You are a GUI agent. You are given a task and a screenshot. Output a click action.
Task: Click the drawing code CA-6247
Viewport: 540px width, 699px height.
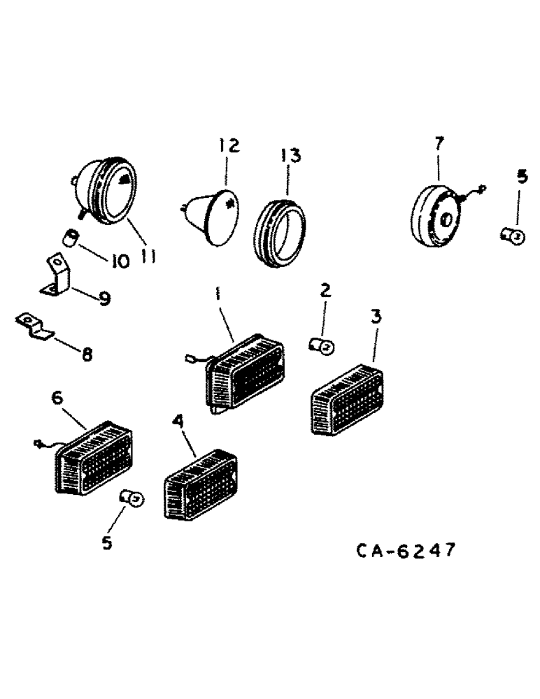tap(406, 551)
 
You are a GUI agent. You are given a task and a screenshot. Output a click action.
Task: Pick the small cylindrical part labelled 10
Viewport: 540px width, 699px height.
tap(69, 238)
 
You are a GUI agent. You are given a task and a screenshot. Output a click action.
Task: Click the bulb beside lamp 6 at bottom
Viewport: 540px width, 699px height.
tap(130, 498)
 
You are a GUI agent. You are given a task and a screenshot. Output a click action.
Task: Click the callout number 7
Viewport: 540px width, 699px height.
tap(439, 144)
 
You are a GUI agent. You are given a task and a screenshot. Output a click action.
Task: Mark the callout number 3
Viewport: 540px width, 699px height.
tap(376, 316)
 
